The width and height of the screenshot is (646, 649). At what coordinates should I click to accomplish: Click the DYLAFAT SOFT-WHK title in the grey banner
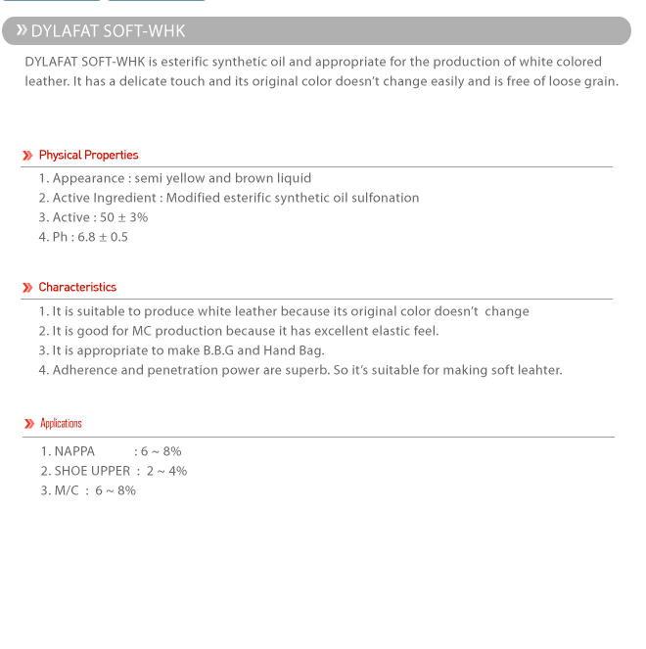(x=108, y=31)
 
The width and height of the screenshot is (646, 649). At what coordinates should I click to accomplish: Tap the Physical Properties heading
(x=88, y=155)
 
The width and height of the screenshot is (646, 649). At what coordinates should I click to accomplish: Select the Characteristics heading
(x=77, y=287)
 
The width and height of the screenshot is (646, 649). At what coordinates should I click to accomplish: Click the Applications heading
(x=61, y=423)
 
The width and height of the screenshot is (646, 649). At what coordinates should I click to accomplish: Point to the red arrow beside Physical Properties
(x=27, y=156)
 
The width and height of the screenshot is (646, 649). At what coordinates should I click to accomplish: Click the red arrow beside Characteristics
(x=27, y=288)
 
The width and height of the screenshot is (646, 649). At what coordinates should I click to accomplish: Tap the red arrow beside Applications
(x=28, y=424)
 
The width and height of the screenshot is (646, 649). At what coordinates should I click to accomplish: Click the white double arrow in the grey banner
(x=21, y=30)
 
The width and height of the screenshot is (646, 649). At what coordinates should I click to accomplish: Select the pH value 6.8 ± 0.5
(x=103, y=237)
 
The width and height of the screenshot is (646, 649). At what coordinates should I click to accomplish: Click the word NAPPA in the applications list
(x=74, y=451)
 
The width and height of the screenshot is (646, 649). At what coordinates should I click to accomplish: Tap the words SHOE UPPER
(x=92, y=471)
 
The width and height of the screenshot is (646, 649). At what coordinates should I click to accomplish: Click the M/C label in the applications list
(x=67, y=490)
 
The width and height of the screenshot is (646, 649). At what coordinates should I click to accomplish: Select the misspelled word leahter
(x=537, y=370)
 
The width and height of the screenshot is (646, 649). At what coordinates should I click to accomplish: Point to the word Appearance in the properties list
(x=88, y=178)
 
